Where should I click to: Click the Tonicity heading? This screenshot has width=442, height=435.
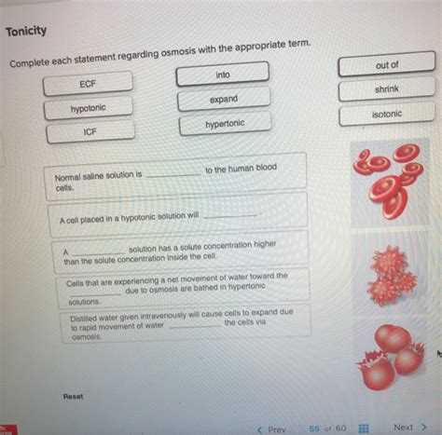[x=26, y=31]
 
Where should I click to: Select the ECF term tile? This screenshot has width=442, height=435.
[x=88, y=84]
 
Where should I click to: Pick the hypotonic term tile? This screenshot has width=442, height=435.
[x=89, y=108]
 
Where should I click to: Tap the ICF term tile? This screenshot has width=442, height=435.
[x=90, y=132]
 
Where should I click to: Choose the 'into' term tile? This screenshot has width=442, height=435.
[x=223, y=75]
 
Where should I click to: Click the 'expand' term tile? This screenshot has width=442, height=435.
[x=224, y=99]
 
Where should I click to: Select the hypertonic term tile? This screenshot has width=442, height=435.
[x=225, y=124]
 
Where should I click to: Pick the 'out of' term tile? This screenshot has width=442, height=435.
[x=386, y=65]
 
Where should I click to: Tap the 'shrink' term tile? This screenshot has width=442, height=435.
[x=386, y=89]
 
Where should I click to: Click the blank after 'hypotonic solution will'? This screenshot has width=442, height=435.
[x=228, y=214]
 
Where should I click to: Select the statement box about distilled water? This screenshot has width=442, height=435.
[x=187, y=325]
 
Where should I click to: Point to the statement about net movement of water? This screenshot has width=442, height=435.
[x=186, y=288]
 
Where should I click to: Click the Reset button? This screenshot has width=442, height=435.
[x=73, y=396]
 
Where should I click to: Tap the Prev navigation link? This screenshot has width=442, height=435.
[x=271, y=428]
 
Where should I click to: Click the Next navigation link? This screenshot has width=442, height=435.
[x=408, y=427]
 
